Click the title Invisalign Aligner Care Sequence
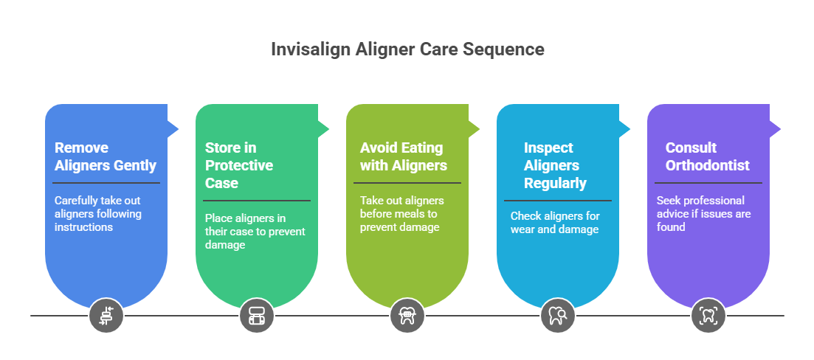click(x=407, y=49)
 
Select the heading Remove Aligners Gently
click(x=105, y=156)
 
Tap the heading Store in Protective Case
click(x=238, y=165)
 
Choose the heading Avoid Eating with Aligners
click(x=403, y=156)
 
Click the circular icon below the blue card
click(x=106, y=316)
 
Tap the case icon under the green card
click(x=257, y=316)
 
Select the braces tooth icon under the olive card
click(x=407, y=316)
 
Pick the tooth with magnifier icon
click(x=558, y=316)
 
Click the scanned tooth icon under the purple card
click(x=708, y=316)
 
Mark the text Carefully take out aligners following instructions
click(x=97, y=214)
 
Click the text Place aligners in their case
click(x=255, y=232)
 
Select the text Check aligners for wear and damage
click(x=555, y=223)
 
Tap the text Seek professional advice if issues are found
click(x=700, y=214)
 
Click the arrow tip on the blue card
click(x=176, y=128)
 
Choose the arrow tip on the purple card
click(x=778, y=128)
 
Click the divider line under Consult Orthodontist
click(x=708, y=183)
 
